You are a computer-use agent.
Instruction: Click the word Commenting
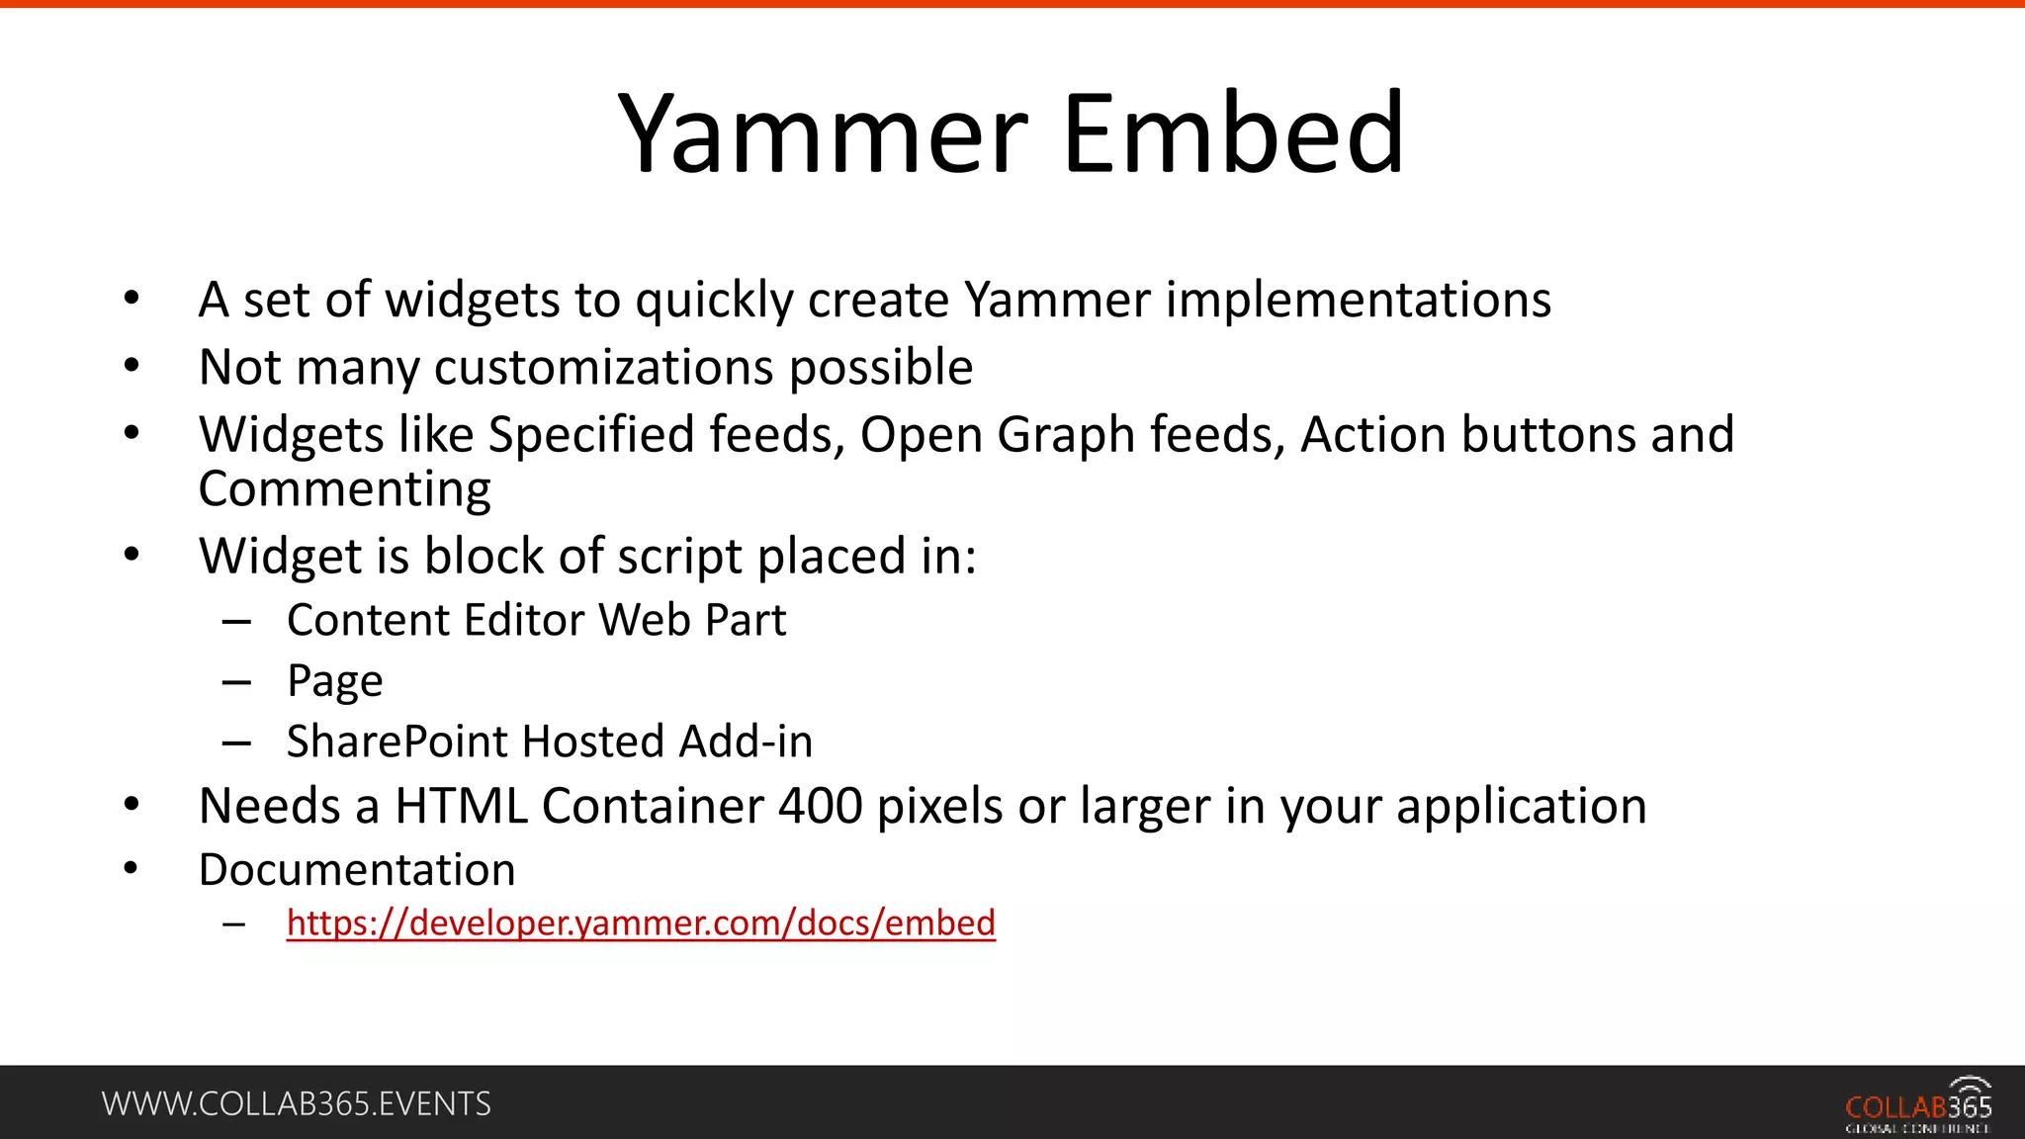344,489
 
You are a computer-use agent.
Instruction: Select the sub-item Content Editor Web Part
536,621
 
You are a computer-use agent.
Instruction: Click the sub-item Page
334,682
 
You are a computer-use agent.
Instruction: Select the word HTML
461,806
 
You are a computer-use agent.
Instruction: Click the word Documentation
357,870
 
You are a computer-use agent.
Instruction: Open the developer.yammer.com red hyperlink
641,922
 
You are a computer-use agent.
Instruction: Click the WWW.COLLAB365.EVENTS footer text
296,1103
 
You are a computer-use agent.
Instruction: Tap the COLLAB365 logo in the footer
1917,1104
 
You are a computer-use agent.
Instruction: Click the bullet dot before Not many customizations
132,366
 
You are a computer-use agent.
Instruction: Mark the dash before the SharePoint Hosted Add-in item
236,743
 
